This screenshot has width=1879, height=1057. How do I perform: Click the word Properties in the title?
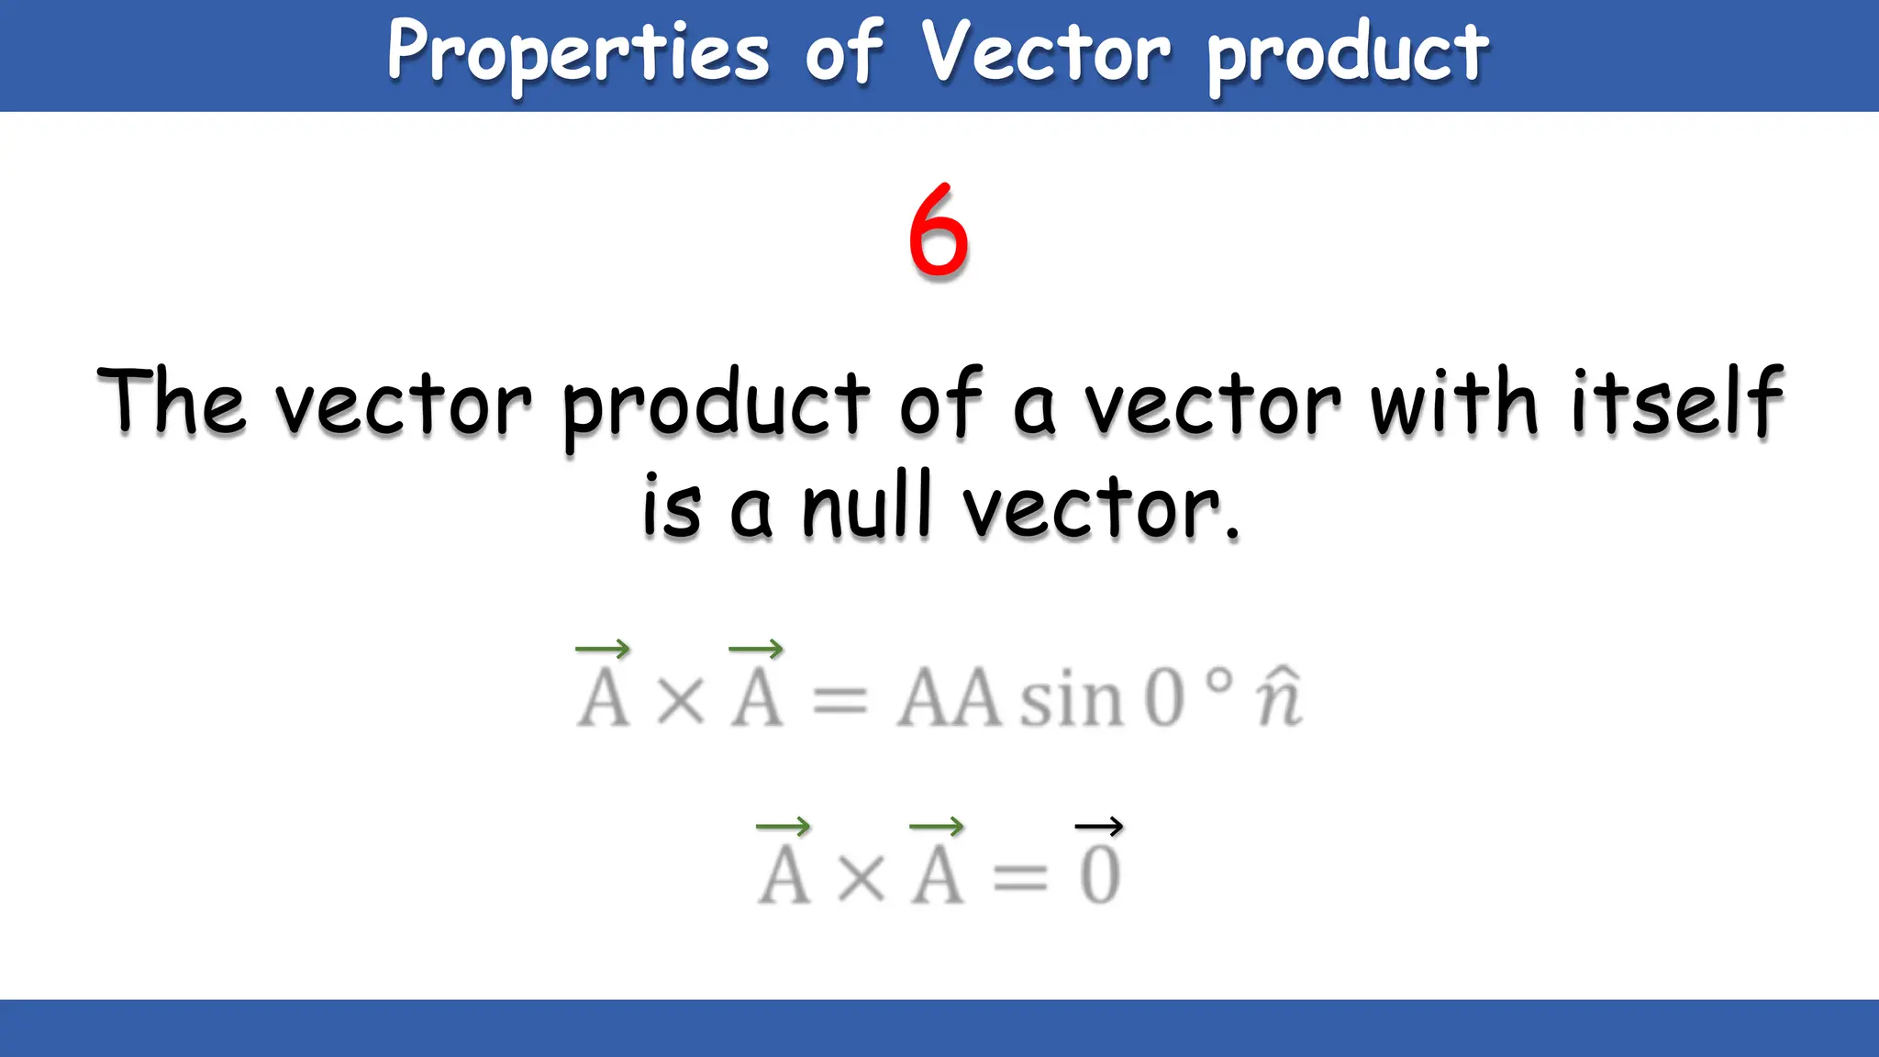tap(578, 53)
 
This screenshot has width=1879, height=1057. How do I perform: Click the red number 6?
tap(938, 230)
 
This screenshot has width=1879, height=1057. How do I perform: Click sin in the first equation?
tap(1072, 699)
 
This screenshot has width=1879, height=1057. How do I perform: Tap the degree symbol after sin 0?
tap(1217, 681)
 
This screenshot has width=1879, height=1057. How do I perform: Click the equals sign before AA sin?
tap(839, 702)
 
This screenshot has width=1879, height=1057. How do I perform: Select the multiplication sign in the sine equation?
tap(681, 702)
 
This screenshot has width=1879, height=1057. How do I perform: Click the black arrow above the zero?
tap(1098, 827)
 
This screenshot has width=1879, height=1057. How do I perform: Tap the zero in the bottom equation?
tap(1100, 876)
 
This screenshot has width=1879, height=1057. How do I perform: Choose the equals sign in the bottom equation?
tap(1019, 879)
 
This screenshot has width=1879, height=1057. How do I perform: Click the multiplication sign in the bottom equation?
tap(862, 879)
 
